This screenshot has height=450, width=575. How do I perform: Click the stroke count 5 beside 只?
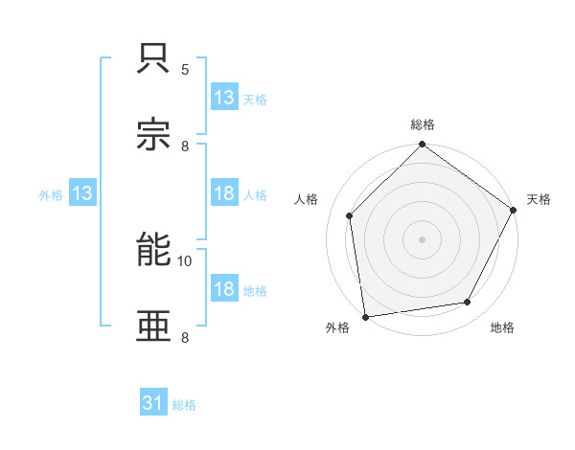click(185, 70)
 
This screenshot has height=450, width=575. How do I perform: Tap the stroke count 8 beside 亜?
click(185, 336)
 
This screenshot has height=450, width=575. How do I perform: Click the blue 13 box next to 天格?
click(224, 97)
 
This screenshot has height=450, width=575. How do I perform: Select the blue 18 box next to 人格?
click(224, 193)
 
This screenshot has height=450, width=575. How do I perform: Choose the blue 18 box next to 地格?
click(224, 289)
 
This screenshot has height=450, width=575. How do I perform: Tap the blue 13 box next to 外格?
click(82, 193)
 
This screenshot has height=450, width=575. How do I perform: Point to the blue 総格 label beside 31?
click(184, 405)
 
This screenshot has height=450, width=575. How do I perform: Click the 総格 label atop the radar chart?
click(423, 124)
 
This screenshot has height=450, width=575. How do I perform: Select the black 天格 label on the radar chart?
click(539, 199)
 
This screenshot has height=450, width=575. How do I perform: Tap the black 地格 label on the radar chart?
click(502, 327)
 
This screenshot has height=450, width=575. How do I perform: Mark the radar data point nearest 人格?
click(350, 215)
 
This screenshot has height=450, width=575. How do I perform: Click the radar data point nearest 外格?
click(365, 316)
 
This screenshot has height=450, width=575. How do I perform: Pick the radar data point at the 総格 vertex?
click(423, 146)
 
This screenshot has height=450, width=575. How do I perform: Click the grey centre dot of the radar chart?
click(423, 238)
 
